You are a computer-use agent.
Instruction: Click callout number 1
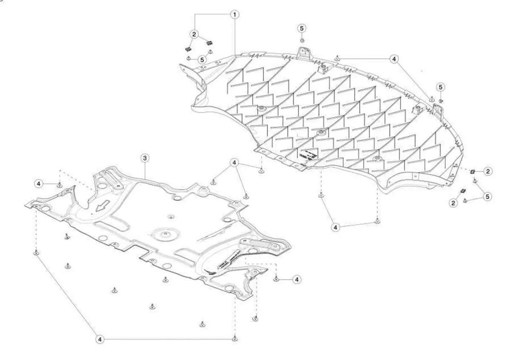pyautogui.click(x=235, y=15)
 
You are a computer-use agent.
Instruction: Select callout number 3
pyautogui.click(x=145, y=158)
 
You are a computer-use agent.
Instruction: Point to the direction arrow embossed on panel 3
pyautogui.click(x=103, y=206)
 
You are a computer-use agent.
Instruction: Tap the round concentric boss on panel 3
pyautogui.click(x=165, y=234)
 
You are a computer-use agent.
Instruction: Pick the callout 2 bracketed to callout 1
pyautogui.click(x=194, y=34)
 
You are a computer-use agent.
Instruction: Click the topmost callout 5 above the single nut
pyautogui.click(x=302, y=28)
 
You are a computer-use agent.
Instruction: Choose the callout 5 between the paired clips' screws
pyautogui.click(x=202, y=60)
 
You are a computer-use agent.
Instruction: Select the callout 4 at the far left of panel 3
pyautogui.click(x=39, y=183)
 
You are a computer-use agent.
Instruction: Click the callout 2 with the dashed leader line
pyautogui.click(x=488, y=171)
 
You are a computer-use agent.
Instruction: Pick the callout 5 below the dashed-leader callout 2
pyautogui.click(x=487, y=197)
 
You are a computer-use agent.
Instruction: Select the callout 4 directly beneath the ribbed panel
pyautogui.click(x=336, y=227)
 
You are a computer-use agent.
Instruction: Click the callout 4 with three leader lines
pyautogui.click(x=235, y=162)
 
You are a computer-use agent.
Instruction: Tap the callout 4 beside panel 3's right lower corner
pyautogui.click(x=297, y=279)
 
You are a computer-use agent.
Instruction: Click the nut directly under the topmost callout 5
pyautogui.click(x=302, y=40)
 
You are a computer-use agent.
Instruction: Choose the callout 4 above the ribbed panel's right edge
pyautogui.click(x=394, y=59)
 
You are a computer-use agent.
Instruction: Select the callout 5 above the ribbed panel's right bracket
pyautogui.click(x=440, y=87)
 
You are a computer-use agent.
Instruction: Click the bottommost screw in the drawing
pyautogui.click(x=235, y=339)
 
